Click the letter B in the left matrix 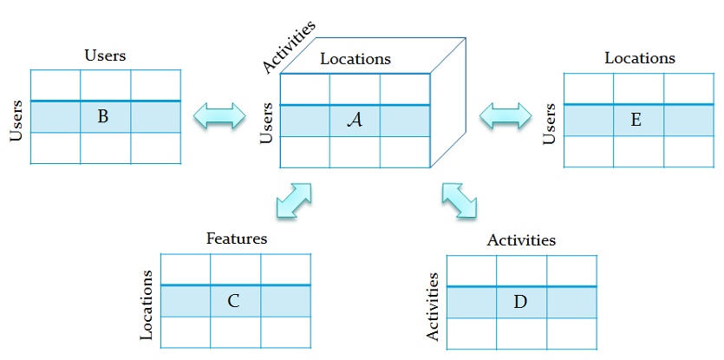click(103, 116)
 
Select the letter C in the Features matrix click(233, 301)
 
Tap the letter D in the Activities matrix click(520, 302)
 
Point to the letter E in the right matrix click(636, 120)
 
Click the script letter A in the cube click(354, 121)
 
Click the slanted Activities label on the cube click(288, 48)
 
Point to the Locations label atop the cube click(355, 59)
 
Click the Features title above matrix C click(237, 238)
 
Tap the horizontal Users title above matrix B click(105, 56)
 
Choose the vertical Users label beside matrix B click(15, 118)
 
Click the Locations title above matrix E click(640, 58)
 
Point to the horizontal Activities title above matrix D click(521, 239)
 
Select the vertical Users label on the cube click(267, 122)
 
